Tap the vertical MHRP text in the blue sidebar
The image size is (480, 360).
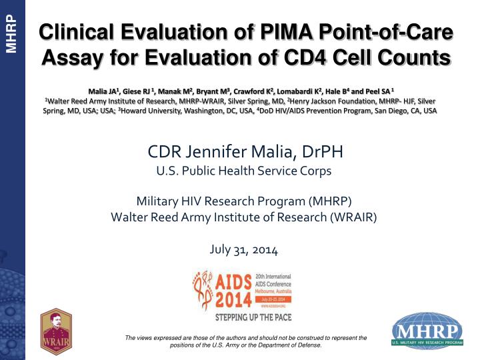11,33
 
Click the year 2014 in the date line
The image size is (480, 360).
265,251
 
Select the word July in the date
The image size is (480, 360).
221,251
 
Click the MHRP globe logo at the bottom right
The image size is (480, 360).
427,331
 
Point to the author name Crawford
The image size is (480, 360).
263,89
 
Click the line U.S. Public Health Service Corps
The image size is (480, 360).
243,171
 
